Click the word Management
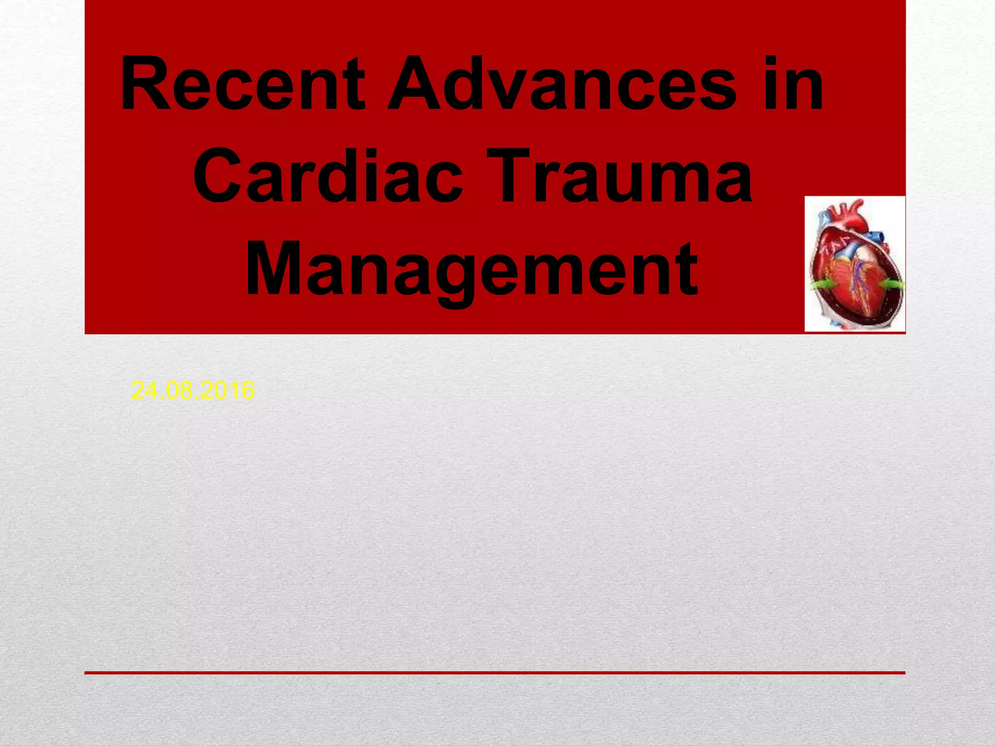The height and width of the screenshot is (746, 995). point(472,270)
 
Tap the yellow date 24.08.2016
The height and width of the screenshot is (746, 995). point(193,390)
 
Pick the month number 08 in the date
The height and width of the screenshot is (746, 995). point(179,390)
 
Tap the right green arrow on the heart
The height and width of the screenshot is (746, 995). point(893,284)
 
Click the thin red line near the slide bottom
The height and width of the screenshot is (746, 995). point(495,673)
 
